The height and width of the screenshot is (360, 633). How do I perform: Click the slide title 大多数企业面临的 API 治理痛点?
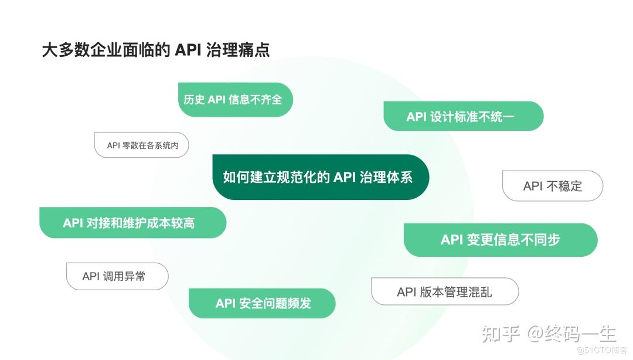[x=156, y=50]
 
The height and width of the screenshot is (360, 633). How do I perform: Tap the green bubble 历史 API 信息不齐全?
[x=236, y=100]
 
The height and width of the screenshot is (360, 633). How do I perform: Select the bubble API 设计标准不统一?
[x=464, y=116]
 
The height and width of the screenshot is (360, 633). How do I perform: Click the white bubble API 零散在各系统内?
[x=141, y=145]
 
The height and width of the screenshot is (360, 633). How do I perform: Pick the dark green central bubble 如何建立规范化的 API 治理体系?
[x=321, y=177]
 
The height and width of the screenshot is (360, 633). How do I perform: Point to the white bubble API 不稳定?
[x=553, y=186]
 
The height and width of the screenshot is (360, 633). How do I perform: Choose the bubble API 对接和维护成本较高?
[x=133, y=223]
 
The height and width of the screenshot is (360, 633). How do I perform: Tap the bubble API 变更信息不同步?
[x=501, y=240]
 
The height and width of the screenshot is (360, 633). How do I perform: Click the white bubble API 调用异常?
[x=117, y=276]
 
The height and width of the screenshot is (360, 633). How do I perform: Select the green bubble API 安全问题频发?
[x=262, y=303]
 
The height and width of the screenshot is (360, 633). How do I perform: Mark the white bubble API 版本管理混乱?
[x=445, y=292]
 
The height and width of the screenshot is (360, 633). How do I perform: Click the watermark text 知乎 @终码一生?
[x=549, y=334]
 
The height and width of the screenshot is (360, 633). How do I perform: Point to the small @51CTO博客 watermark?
[x=602, y=350]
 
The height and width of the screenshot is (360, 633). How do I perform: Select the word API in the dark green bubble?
[x=345, y=178]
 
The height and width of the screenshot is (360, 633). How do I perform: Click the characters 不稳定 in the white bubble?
[x=564, y=186]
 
